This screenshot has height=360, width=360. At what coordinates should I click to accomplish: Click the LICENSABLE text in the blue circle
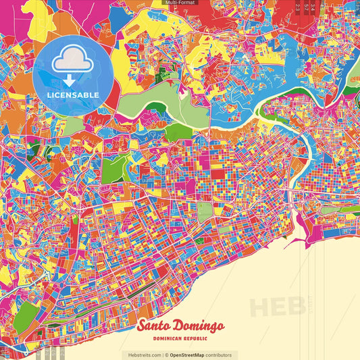tap(73, 95)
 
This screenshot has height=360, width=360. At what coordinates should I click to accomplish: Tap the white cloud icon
tap(72, 61)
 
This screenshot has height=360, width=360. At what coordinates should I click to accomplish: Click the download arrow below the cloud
tap(70, 80)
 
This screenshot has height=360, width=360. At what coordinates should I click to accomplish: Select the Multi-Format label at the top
tap(180, 3)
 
